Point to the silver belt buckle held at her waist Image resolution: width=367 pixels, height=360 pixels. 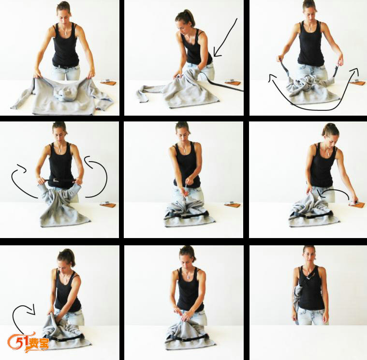[56, 180]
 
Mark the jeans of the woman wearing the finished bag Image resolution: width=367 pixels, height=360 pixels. [311, 316]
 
